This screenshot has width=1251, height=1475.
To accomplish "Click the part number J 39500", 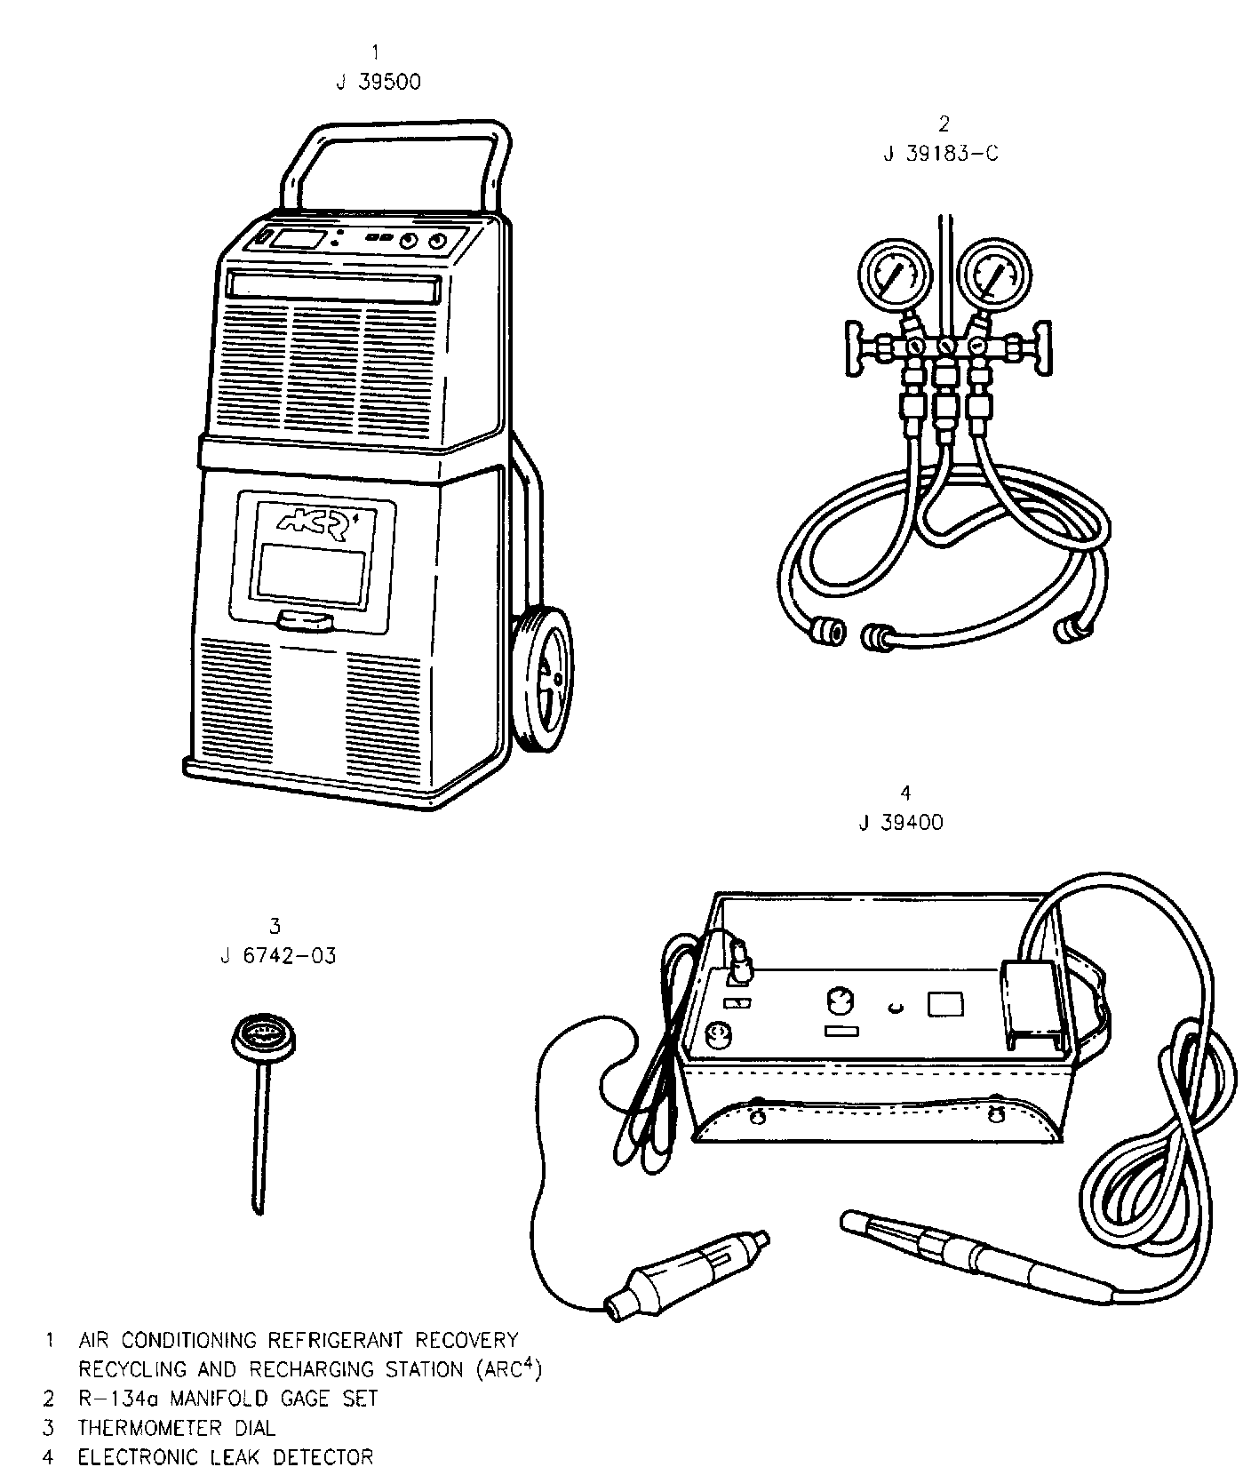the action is click(x=378, y=82).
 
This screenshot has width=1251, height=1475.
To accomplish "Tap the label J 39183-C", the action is click(x=941, y=153).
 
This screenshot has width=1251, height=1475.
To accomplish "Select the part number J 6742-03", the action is click(x=277, y=956).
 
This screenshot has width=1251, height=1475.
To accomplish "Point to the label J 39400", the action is click(x=901, y=822).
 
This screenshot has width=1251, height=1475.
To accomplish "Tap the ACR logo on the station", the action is click(x=313, y=523).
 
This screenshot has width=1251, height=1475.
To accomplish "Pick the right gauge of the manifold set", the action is click(x=994, y=275).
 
